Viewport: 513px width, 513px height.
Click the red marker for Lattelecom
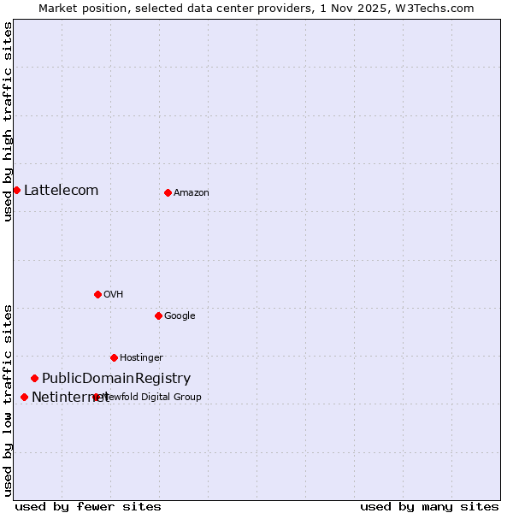point(16,190)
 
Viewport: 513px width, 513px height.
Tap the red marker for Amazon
point(168,192)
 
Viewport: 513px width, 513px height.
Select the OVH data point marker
point(97,294)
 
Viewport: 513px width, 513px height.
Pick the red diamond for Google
point(158,315)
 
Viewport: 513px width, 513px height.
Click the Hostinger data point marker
point(114,357)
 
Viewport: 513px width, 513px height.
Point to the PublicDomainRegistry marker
point(34,378)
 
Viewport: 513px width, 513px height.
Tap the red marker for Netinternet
point(24,397)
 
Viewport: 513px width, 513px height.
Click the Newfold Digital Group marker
point(96,397)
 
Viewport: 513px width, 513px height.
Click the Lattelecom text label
point(61,190)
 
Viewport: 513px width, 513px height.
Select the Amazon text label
point(191,192)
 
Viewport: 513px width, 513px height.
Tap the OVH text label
point(113,294)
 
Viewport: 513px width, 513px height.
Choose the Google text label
point(180,315)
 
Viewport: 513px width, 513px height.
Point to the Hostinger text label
point(141,357)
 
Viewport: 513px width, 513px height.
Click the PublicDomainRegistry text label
point(116,378)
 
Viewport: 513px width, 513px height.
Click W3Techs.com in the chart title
point(436,8)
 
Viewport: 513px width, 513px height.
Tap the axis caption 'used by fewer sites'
point(88,506)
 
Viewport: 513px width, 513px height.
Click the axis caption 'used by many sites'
point(429,506)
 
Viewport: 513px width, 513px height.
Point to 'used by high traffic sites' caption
point(8,121)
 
